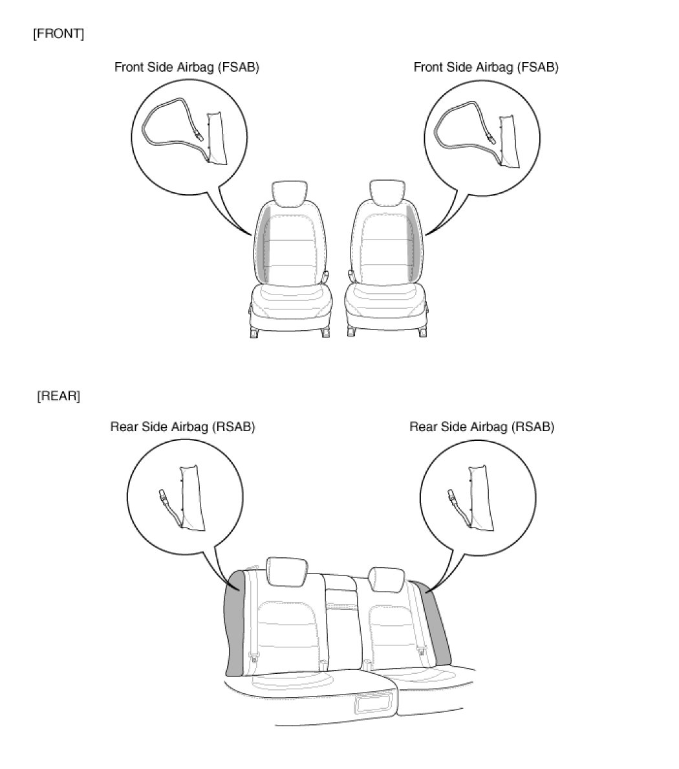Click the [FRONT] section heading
point(58,34)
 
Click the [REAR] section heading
point(58,396)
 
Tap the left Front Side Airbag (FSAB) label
point(187,67)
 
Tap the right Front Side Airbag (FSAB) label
point(486,67)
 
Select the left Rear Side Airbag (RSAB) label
point(183,427)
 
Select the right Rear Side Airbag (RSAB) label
point(482,427)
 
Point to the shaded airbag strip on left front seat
point(264,244)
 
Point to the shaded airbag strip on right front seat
point(412,243)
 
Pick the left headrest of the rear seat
point(287,572)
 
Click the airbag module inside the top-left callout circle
point(217,139)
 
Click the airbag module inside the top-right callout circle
point(509,140)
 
